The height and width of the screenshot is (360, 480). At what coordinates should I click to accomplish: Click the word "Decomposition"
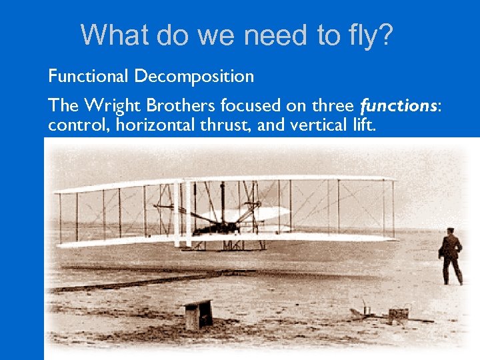tap(194, 76)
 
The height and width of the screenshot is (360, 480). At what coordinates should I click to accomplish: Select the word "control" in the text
tap(71, 124)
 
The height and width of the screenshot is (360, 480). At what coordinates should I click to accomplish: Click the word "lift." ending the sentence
tap(361, 124)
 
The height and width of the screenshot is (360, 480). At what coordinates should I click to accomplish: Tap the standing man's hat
tap(451, 230)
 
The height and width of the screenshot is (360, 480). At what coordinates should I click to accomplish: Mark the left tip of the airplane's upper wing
tap(57, 191)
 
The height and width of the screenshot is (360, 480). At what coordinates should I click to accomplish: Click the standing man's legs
tap(453, 271)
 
